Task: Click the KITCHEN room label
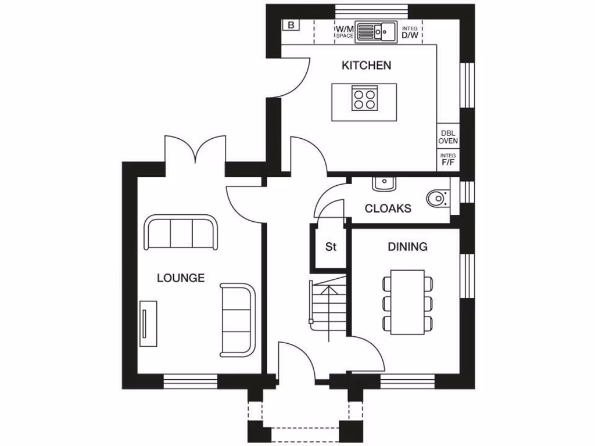366,65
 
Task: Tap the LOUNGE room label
181,278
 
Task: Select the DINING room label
407,247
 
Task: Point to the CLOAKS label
388,208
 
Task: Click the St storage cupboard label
331,247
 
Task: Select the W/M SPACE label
344,31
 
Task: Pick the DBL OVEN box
447,136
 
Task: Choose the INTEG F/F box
447,160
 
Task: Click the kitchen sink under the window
375,31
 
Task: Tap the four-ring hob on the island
364,99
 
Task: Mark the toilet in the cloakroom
438,199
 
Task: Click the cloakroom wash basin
384,184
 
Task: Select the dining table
407,302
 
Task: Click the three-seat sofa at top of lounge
181,232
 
